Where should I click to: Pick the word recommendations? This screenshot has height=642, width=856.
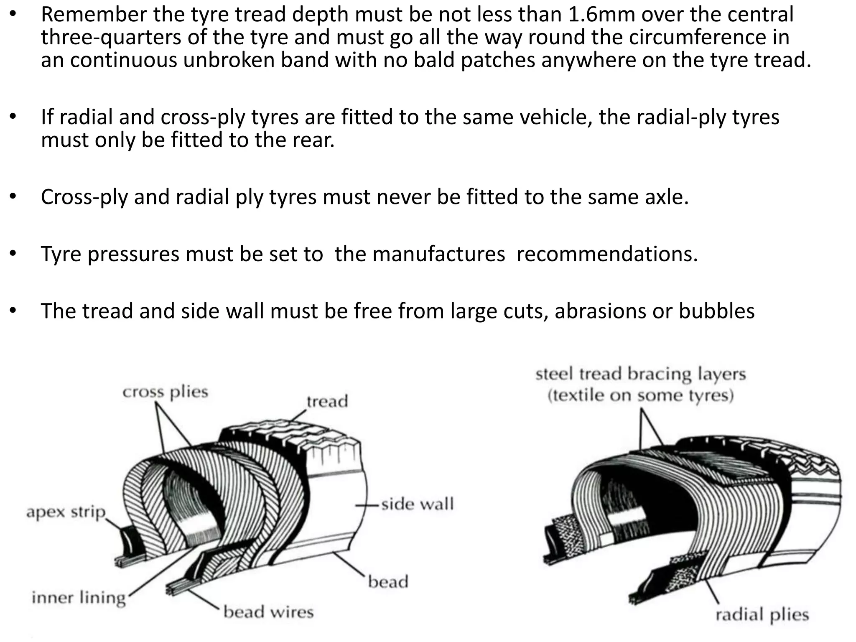pos(607,254)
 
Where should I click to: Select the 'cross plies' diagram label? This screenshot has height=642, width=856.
pos(165,392)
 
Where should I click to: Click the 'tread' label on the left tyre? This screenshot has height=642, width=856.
pos(327,401)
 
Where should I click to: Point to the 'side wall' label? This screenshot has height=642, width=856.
pos(417,504)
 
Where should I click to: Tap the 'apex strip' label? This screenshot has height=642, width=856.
pos(66,512)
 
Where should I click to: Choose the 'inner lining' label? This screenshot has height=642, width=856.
pos(79,598)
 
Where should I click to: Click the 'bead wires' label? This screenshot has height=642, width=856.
pos(268,612)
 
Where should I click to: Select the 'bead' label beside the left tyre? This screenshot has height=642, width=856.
pos(388,581)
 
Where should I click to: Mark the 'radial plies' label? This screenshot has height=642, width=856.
pos(762,615)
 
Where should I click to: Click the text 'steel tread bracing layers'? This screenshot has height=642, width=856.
pos(640,374)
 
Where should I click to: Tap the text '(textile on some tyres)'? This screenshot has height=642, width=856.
pos(640,395)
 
